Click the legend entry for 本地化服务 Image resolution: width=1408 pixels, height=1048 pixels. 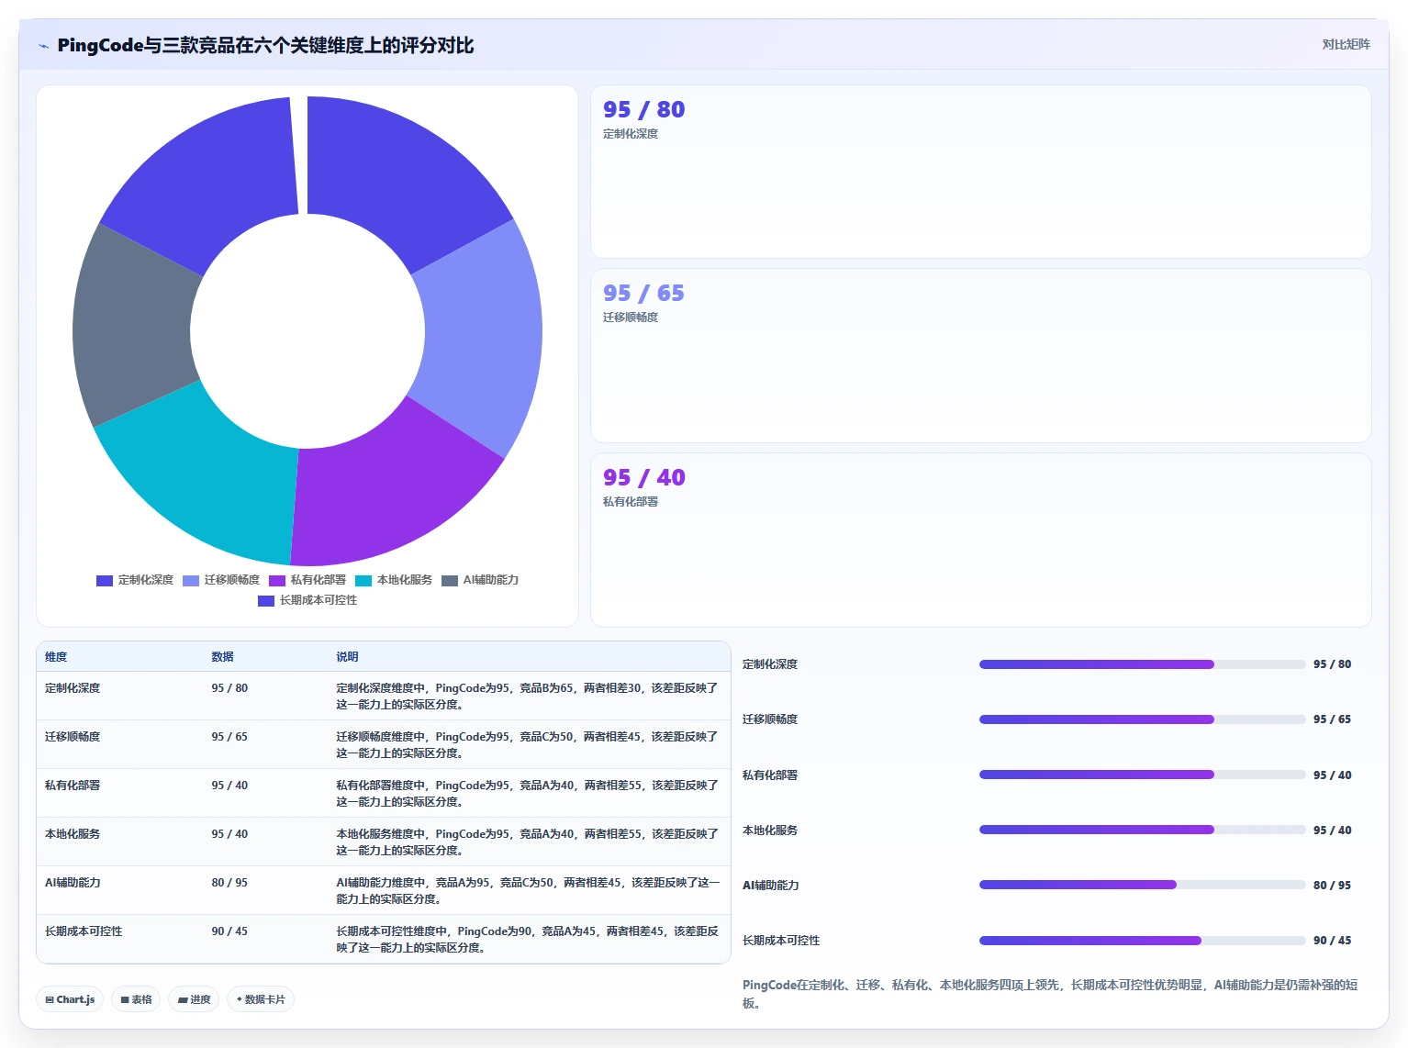(394, 580)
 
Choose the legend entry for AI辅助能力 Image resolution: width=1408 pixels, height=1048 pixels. (480, 580)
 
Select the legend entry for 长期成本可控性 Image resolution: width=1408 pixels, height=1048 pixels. (307, 600)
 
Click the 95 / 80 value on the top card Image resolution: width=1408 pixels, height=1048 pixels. (643, 109)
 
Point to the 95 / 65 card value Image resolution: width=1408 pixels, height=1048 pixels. (643, 293)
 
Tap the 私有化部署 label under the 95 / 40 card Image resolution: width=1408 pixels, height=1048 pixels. (631, 501)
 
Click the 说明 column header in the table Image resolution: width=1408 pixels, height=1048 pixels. (347, 656)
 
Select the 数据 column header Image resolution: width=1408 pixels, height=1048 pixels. (223, 656)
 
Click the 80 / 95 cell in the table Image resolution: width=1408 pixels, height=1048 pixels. (229, 882)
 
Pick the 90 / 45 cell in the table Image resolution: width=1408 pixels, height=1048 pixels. (229, 931)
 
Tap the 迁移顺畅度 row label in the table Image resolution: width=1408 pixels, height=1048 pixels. (73, 736)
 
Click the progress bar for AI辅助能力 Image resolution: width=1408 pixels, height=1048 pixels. (1142, 885)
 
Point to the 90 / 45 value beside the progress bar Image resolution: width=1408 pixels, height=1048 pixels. (1333, 940)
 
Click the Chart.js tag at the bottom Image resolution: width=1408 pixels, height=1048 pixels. (70, 999)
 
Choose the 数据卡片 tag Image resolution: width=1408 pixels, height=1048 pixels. (261, 999)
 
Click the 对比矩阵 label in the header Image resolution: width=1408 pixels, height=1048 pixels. (1346, 44)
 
